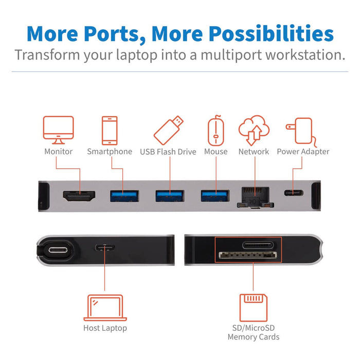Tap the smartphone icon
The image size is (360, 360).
[x=109, y=131]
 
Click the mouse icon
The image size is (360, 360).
[x=215, y=131]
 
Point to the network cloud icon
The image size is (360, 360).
[x=253, y=131]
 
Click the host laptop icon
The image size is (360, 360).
[x=105, y=308]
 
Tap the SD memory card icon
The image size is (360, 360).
[x=254, y=308]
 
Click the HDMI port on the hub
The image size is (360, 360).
[x=79, y=196]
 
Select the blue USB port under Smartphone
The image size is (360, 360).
[x=124, y=195]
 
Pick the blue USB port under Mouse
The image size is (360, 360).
[x=215, y=195]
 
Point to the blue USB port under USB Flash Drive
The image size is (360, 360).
[x=170, y=195]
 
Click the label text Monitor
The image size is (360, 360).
[x=58, y=152]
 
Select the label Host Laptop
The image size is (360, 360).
[x=105, y=328]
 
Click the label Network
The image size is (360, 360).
[x=254, y=152]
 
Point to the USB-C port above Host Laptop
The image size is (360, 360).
[x=104, y=247]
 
